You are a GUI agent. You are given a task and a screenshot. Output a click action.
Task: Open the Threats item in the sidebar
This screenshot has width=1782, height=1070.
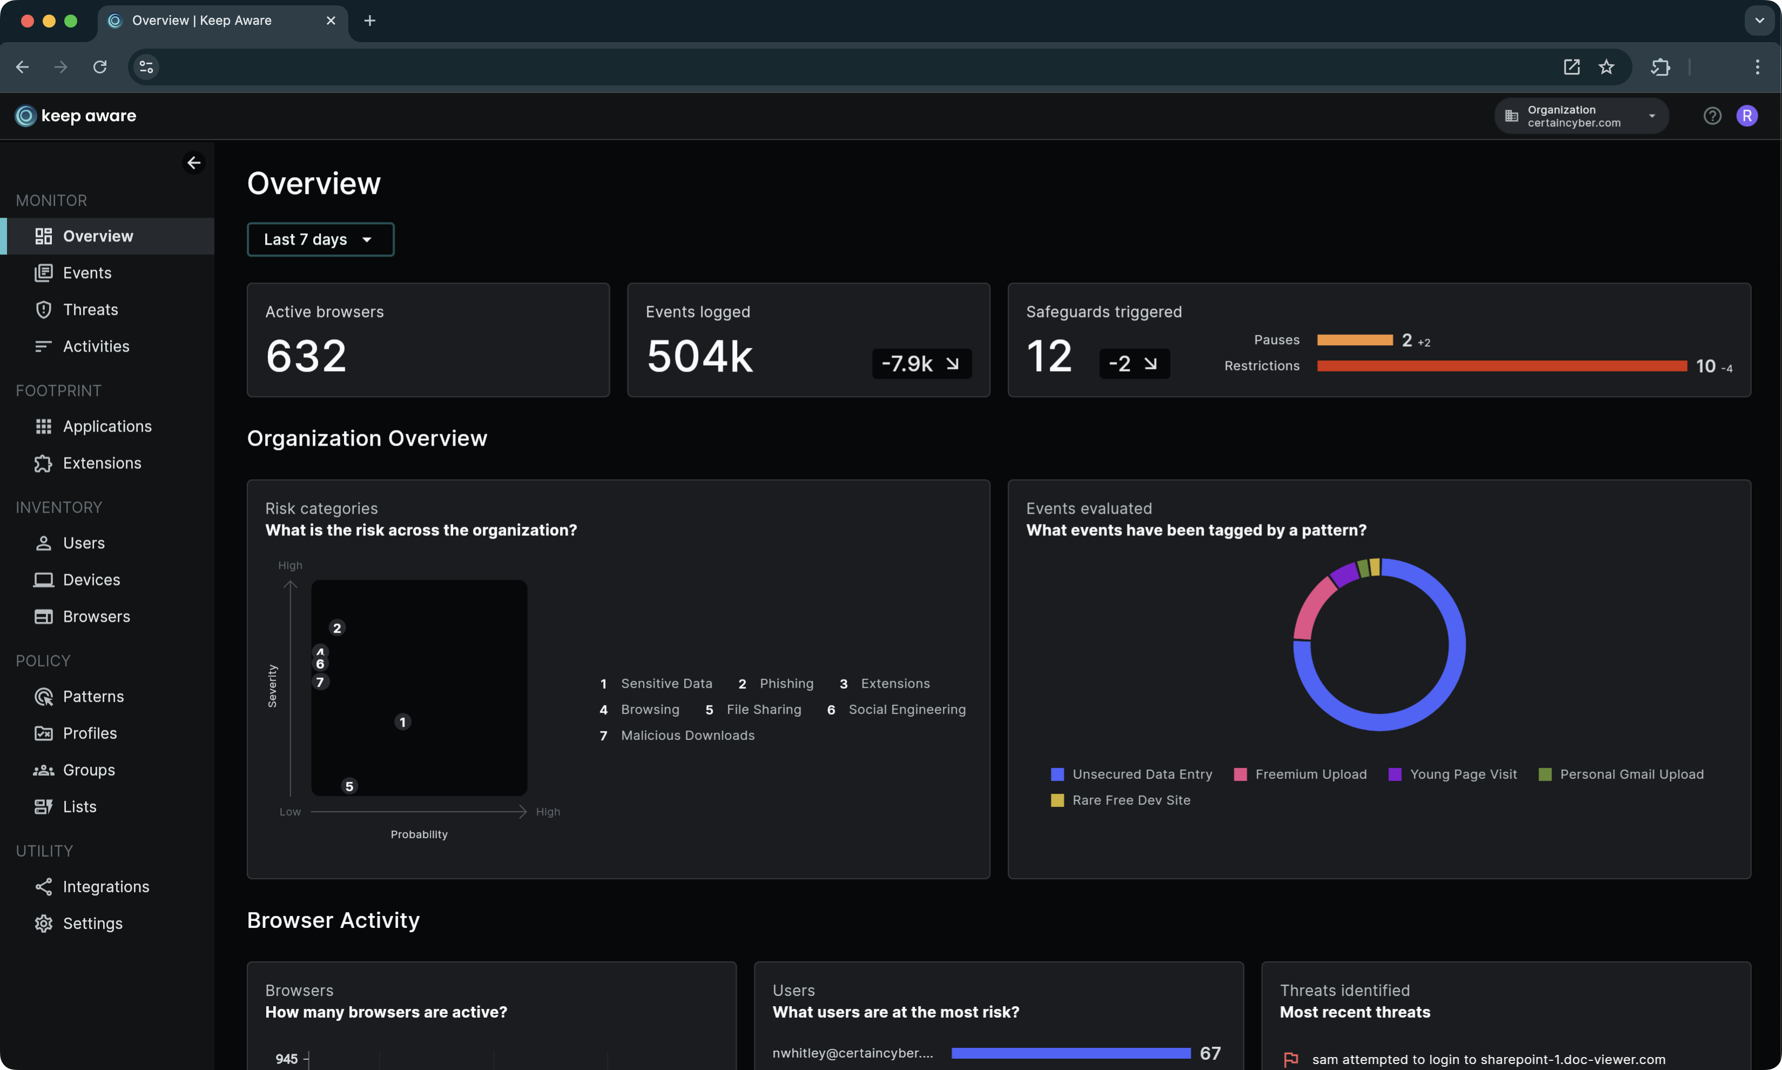tap(90, 309)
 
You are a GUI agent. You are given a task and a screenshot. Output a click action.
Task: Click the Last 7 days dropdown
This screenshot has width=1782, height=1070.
tap(320, 239)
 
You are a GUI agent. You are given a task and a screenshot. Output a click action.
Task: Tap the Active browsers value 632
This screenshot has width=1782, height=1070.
tap(306, 356)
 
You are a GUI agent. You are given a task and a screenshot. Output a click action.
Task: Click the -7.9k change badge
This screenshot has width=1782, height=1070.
tap(921, 364)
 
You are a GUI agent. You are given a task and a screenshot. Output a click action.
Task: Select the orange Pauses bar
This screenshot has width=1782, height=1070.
tap(1354, 340)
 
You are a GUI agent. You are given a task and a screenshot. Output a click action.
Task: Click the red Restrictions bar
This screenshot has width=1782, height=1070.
tap(1501, 366)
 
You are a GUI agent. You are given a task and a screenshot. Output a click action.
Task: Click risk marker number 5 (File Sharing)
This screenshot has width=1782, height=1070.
tap(349, 786)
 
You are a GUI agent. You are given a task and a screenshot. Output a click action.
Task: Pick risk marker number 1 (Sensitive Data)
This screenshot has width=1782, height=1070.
tap(402, 722)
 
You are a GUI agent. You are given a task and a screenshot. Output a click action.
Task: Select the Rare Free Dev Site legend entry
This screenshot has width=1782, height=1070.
tap(1130, 800)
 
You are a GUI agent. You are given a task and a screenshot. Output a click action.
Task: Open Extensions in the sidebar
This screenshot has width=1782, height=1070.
tap(102, 463)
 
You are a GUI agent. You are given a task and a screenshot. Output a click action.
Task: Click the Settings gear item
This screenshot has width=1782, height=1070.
tap(92, 924)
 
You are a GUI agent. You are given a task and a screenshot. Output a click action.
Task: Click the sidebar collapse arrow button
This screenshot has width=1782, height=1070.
tap(194, 163)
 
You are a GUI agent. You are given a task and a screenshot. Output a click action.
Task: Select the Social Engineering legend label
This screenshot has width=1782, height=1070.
tap(906, 710)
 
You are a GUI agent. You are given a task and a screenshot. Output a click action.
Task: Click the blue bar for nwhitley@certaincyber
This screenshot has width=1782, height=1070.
tap(1070, 1053)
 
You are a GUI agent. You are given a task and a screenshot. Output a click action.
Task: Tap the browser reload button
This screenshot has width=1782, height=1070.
tap(99, 67)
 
